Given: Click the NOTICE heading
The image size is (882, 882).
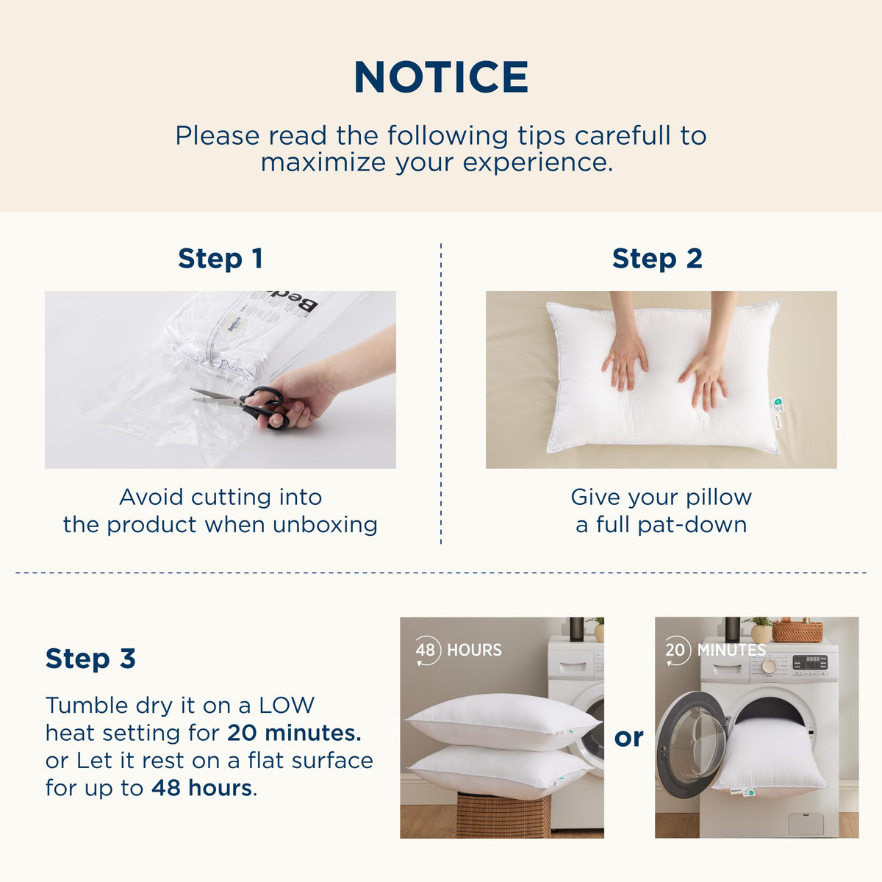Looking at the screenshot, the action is (x=441, y=77).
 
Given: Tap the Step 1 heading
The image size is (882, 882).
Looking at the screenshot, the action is (x=220, y=258).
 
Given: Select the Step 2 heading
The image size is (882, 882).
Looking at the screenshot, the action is (x=657, y=258).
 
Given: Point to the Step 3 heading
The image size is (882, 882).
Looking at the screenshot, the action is (x=90, y=659).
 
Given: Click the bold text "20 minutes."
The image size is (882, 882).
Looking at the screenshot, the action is (x=294, y=733).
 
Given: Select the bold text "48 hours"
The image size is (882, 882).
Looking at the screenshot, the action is (x=201, y=788).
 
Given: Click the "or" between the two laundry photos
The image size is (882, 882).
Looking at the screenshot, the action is (x=629, y=737).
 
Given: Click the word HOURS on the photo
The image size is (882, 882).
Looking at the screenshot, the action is (x=474, y=650).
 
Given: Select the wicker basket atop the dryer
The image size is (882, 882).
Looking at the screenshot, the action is (x=797, y=630).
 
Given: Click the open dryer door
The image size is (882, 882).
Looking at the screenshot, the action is (x=690, y=743).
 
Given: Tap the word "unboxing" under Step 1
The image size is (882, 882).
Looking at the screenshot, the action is (x=325, y=525).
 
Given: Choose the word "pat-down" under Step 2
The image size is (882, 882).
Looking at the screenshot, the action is (x=692, y=525).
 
